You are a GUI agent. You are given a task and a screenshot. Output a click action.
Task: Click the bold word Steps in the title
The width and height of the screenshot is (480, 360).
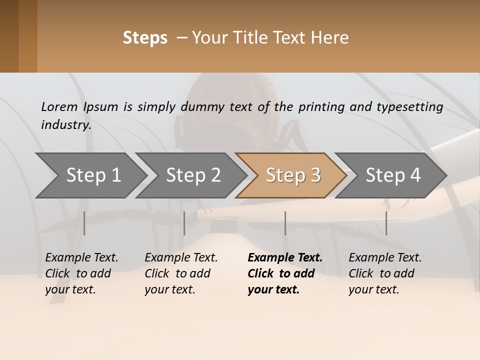pos(145,38)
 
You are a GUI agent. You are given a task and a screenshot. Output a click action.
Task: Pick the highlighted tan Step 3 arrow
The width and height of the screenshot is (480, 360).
pos(293,175)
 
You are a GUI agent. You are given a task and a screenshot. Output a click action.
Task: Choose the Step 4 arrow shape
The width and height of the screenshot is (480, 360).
pos(393,175)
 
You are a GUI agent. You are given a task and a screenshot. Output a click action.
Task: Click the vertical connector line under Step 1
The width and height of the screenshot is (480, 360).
pos(84,223)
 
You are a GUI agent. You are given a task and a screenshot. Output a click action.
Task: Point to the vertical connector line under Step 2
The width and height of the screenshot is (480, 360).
pos(184,223)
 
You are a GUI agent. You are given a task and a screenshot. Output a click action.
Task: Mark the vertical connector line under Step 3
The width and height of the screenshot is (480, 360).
pos(285,223)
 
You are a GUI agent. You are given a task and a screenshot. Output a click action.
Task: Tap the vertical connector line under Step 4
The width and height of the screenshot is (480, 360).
pos(386,223)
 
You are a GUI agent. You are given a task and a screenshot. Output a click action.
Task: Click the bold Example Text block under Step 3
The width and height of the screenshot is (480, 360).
pos(285,273)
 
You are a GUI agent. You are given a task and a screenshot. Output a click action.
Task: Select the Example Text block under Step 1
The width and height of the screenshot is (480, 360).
pos(81,273)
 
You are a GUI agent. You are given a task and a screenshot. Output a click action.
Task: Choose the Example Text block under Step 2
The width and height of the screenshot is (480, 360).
pos(181,273)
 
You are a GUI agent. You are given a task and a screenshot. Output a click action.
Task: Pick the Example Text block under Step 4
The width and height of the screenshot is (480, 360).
pos(385,273)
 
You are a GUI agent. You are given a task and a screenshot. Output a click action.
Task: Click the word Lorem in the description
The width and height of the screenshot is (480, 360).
pos(59,107)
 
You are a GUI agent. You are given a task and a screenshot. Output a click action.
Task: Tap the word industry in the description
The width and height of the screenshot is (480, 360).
pos(66,125)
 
